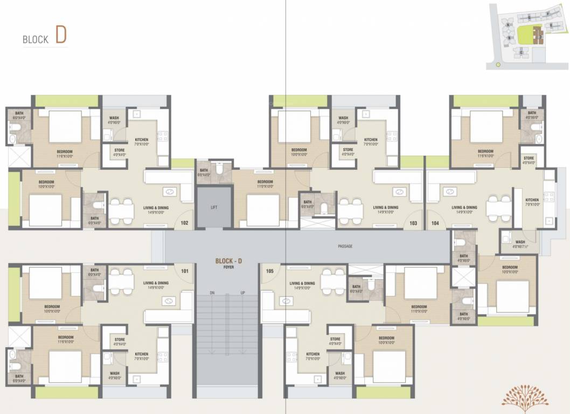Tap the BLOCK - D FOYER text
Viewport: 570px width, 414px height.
point(228,263)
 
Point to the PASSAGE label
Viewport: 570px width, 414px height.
point(345,246)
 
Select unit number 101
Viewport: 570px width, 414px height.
point(185,271)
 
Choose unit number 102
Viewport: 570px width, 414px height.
point(184,222)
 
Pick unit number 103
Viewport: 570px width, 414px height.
point(414,222)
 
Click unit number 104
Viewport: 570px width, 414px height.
point(435,222)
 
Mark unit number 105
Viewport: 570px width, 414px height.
point(270,271)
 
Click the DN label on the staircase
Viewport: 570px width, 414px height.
point(213,293)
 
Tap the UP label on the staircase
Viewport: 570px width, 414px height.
point(243,293)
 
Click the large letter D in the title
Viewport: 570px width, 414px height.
point(60,34)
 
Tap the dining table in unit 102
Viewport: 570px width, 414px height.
point(121,210)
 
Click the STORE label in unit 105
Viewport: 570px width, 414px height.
point(335,341)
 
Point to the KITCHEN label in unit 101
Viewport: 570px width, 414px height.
point(141,356)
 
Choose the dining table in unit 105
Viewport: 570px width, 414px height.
point(332,280)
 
